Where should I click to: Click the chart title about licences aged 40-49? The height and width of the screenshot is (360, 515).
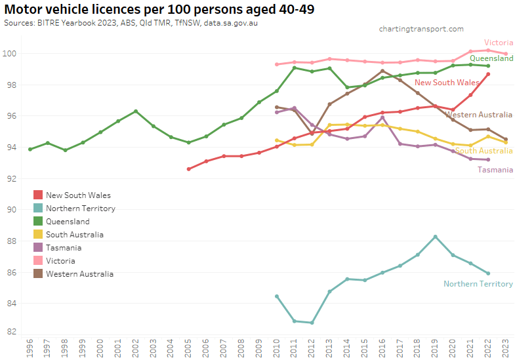pos(157,9)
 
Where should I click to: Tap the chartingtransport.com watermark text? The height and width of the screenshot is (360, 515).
pos(421,29)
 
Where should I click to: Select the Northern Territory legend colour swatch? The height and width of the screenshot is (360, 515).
pos(38,209)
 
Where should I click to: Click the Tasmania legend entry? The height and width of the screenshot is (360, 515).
pos(64,248)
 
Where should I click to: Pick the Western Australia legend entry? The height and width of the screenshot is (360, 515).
pos(79,274)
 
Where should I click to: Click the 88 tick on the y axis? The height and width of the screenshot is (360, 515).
pos(12,241)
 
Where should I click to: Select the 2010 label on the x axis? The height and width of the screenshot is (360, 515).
pos(277,348)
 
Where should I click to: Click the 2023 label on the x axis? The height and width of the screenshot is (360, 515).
pos(506,348)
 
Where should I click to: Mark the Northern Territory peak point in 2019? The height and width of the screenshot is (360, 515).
pos(435,237)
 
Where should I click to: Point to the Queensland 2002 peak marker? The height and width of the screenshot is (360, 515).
pos(136,111)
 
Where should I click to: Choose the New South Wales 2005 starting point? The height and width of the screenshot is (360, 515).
pos(188,169)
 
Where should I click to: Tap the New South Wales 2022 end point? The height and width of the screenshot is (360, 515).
pos(488,74)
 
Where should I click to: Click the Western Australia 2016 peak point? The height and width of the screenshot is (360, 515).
pos(382,71)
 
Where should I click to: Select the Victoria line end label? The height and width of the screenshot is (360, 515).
pos(498,43)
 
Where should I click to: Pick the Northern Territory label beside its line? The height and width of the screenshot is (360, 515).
pos(478,284)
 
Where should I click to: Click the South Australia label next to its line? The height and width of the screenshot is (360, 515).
pos(484,151)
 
